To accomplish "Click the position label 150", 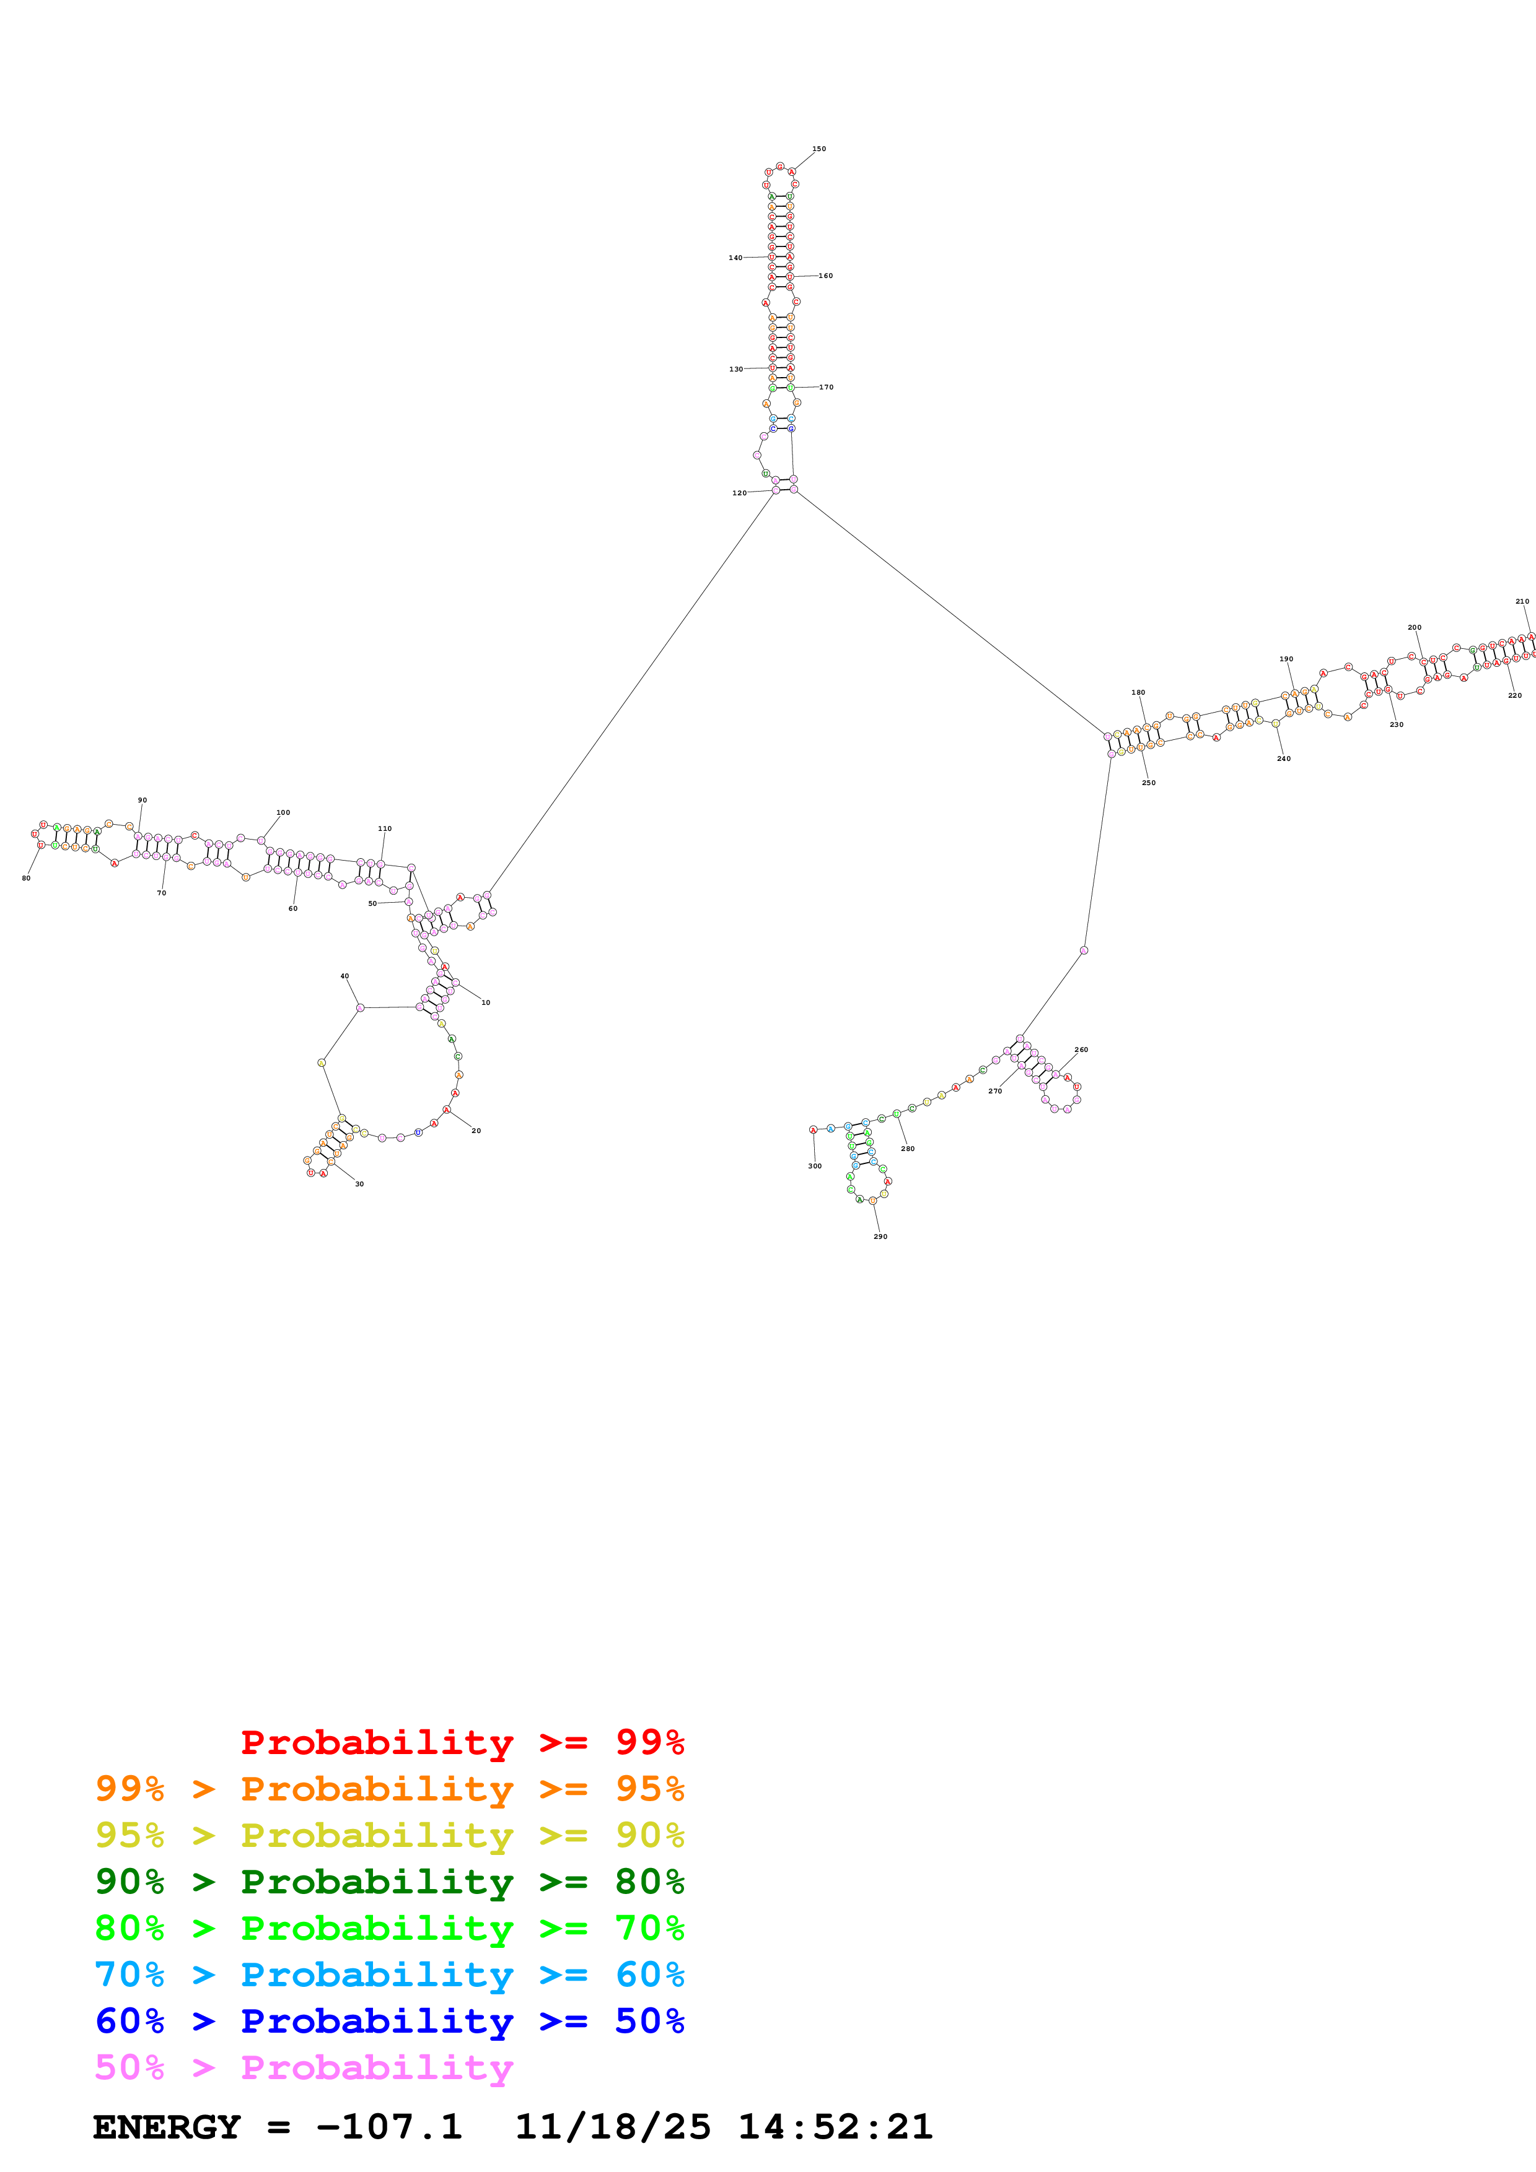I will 818,149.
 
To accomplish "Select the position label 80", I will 27,878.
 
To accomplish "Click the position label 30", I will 359,1183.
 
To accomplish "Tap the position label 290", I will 880,1236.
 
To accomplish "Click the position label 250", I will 1148,783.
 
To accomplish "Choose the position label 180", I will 1138,692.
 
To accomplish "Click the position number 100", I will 283,812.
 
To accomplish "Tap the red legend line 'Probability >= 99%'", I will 462,1742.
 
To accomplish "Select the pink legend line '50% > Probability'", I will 304,2068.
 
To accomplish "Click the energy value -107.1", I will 389,2127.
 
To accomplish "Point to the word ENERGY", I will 167,2127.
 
